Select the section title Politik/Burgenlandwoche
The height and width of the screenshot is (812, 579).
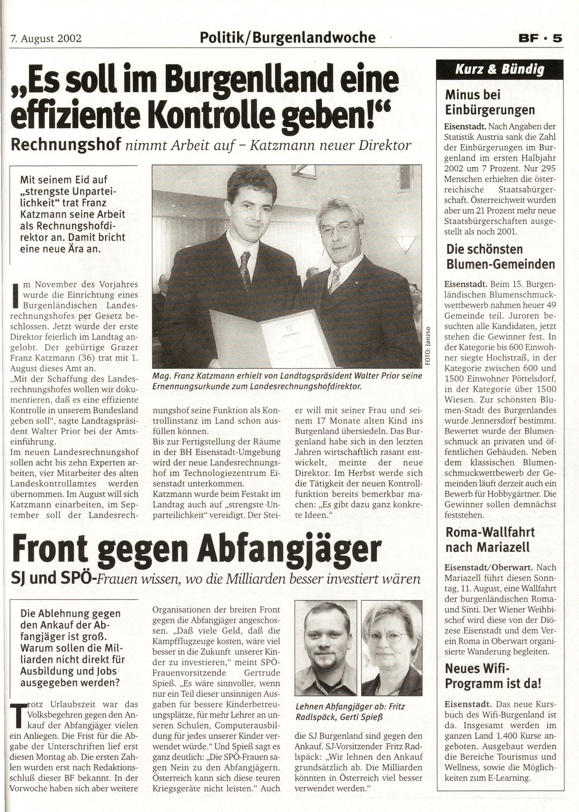coord(288,37)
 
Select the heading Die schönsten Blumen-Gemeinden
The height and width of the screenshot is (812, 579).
coord(500,256)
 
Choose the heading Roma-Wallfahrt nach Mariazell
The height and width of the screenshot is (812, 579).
coord(490,540)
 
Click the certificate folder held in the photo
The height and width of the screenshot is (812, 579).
coord(271,338)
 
